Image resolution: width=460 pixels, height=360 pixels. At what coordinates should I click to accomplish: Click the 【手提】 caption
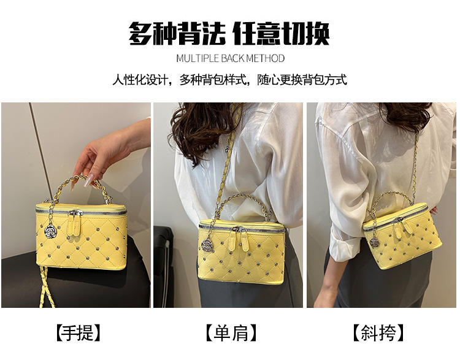79,333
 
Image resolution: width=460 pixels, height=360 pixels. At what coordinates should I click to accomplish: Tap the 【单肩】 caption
231,333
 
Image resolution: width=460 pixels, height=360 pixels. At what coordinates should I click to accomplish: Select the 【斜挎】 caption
378,333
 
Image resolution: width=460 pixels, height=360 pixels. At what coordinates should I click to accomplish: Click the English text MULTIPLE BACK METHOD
230,58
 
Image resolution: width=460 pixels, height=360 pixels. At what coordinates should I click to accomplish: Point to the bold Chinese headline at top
229,34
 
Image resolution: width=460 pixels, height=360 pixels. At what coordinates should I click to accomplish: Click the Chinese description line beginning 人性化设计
230,80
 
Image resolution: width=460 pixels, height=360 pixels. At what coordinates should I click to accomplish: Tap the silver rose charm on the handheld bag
49,231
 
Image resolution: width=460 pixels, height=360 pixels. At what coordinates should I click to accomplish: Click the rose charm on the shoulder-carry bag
207,245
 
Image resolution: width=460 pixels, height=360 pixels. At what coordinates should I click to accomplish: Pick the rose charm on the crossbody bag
374,243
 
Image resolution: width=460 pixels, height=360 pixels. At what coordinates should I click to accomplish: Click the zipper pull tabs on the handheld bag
74,224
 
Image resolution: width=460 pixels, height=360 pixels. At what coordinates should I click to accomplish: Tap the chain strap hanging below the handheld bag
47,287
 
